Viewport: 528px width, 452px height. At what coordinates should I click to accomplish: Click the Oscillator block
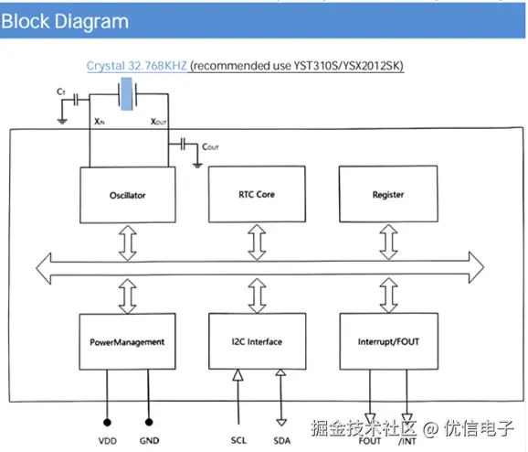[128, 195]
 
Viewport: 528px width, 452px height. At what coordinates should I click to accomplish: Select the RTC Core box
[257, 194]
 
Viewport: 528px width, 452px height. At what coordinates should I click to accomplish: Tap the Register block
[388, 194]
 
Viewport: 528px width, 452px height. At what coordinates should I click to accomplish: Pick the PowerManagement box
[127, 341]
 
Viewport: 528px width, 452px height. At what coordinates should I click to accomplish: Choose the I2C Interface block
[258, 341]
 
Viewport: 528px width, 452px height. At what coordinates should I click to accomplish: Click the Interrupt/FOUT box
[388, 341]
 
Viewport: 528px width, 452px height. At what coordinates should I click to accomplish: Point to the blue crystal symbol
[127, 93]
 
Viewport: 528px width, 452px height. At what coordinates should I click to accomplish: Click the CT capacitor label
[61, 91]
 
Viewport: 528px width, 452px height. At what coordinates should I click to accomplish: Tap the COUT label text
[210, 146]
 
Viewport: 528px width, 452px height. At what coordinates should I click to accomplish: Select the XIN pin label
[100, 122]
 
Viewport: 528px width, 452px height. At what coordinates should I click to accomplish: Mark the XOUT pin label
[158, 122]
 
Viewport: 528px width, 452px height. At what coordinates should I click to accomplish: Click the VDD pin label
[108, 440]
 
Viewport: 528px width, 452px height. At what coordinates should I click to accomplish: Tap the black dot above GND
[149, 422]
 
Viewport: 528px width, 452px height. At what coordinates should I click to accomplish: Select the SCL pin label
[238, 440]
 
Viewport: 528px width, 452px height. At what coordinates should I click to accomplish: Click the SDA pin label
[282, 440]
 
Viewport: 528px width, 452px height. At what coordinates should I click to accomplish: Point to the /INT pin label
[407, 441]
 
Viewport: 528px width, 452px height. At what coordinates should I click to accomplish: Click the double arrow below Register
[388, 242]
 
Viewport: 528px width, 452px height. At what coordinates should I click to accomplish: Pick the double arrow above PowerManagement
[128, 296]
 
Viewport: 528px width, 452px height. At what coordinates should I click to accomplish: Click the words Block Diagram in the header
[65, 21]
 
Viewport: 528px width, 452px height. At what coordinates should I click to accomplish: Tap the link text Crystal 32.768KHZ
[136, 66]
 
